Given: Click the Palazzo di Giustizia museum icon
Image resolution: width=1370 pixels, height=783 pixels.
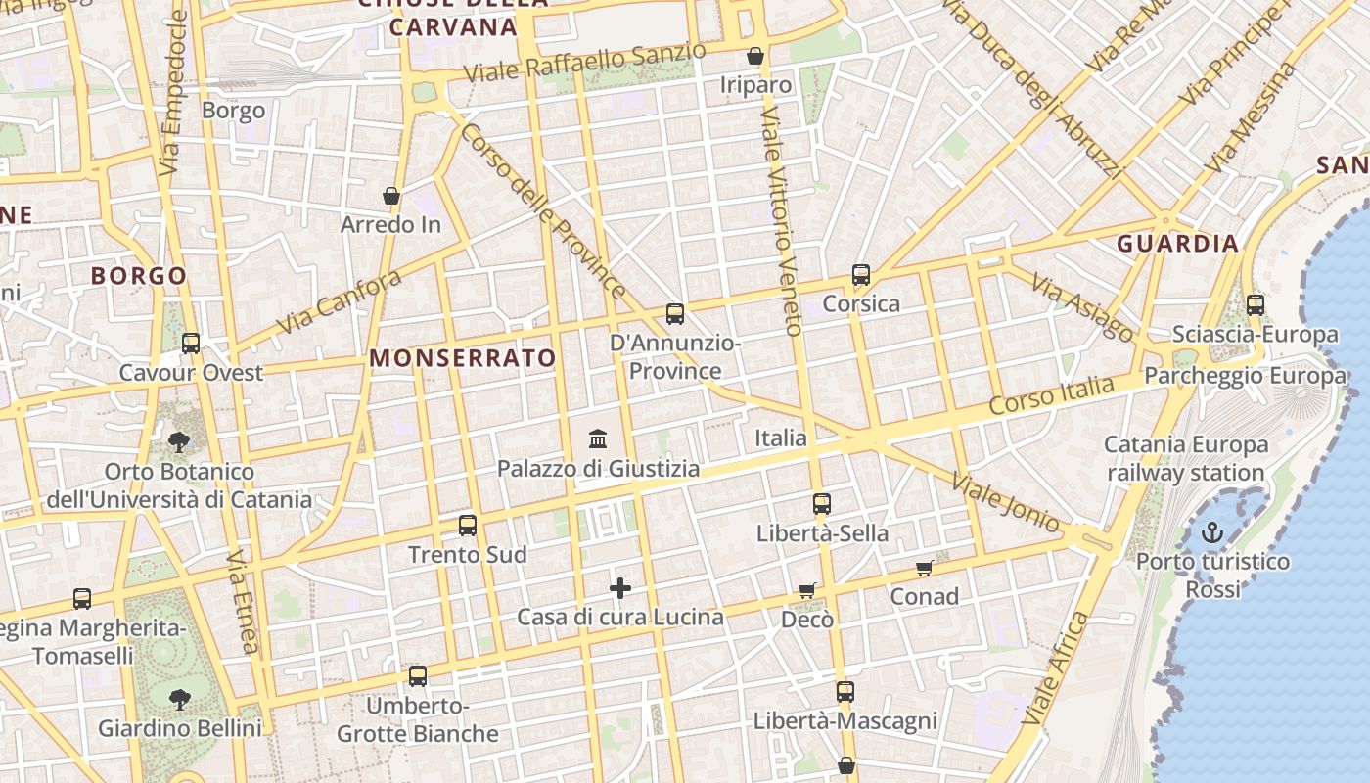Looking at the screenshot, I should coord(598,438).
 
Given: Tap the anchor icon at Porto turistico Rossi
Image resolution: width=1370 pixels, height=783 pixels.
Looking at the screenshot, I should coord(1212,532).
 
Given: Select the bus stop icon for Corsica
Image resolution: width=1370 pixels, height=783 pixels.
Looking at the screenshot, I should coord(861,275).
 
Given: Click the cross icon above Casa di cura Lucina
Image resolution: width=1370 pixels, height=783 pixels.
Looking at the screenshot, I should coord(620,587).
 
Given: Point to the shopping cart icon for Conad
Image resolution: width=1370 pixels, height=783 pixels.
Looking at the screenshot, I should coord(924,568).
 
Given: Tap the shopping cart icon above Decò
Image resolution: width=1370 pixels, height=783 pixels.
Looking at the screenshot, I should coord(807,590).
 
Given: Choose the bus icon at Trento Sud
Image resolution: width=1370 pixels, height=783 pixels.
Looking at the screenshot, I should coord(468,526).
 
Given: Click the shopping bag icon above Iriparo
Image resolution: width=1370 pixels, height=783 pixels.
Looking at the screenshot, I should coord(755,56).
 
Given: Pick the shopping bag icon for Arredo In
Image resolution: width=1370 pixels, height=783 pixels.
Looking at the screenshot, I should coord(391,196).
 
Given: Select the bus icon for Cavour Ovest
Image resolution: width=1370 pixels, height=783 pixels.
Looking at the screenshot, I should coord(191,344).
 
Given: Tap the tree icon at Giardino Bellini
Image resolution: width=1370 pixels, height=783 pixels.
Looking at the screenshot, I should coord(180,699).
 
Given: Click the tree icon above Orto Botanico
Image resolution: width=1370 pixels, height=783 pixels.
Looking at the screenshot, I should coord(179,442).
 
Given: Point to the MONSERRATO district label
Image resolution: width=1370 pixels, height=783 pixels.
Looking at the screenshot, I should coord(463,358).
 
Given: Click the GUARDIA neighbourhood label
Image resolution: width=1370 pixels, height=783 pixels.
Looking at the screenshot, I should coord(1178,244).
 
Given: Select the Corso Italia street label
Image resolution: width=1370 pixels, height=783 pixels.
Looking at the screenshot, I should coord(1051,394).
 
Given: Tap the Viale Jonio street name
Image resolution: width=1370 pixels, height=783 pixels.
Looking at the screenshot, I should coord(1005,501).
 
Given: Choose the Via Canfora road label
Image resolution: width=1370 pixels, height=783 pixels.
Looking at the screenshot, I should coord(340,301).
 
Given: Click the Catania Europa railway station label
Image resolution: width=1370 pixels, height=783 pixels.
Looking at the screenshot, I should coord(1186,459).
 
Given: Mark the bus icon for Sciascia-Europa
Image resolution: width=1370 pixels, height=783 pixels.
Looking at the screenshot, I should coord(1256,305).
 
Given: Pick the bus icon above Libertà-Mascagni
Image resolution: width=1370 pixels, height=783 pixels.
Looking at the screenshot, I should coord(845,692).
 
